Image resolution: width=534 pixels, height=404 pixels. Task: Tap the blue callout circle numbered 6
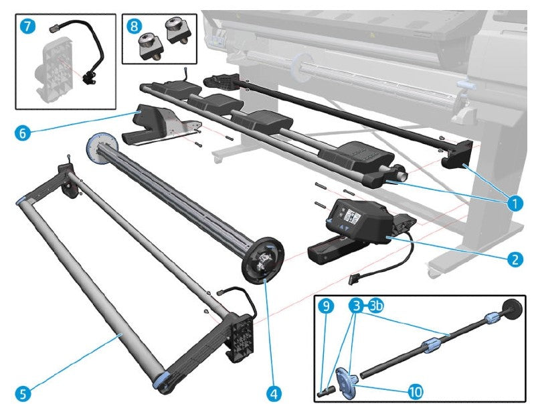click(x=21, y=132)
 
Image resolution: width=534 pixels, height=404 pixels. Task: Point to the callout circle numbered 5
click(x=23, y=393)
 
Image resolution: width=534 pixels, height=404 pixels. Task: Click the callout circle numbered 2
click(x=515, y=258)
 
